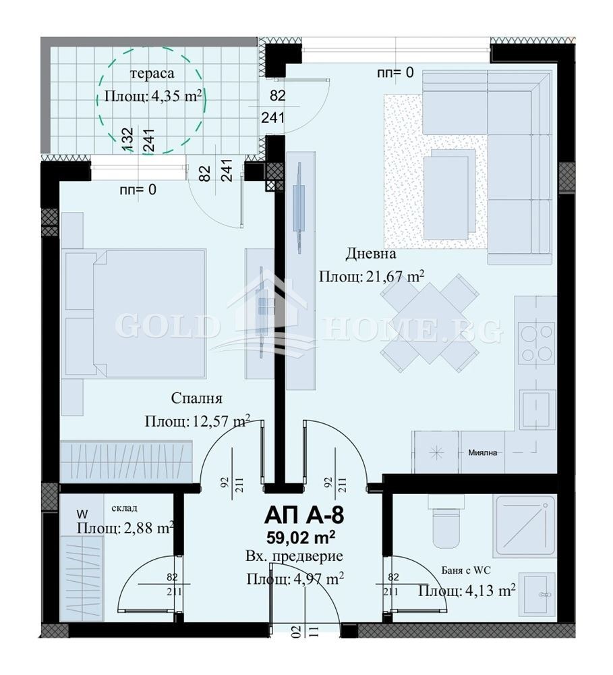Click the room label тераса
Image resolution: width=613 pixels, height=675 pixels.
click(x=152, y=73)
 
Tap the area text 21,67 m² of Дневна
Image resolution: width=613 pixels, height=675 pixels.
click(x=395, y=275)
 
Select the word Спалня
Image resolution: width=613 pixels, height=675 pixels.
click(x=197, y=398)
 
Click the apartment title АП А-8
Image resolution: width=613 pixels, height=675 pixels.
click(x=305, y=515)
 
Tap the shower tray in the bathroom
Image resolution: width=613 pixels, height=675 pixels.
click(x=525, y=526)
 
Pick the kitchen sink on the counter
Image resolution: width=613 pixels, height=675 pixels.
click(x=537, y=410)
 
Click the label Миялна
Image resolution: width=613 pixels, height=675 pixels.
click(x=483, y=452)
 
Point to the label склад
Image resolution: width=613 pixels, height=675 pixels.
click(x=124, y=508)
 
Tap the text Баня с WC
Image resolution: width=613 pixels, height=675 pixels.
click(x=466, y=571)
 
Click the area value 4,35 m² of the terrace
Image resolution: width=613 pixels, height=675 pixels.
click(x=176, y=96)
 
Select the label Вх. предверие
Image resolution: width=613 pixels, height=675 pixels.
click(x=294, y=557)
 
